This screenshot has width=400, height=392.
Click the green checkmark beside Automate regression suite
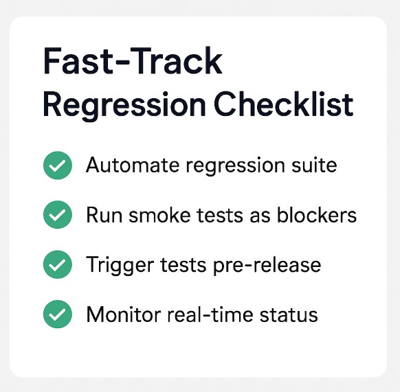click(x=58, y=165)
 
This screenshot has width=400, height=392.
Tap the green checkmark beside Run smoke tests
click(x=58, y=216)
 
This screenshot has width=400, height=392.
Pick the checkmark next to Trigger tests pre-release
click(x=58, y=265)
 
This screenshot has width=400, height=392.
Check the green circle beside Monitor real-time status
click(x=58, y=315)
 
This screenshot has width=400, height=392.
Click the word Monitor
click(x=122, y=315)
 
